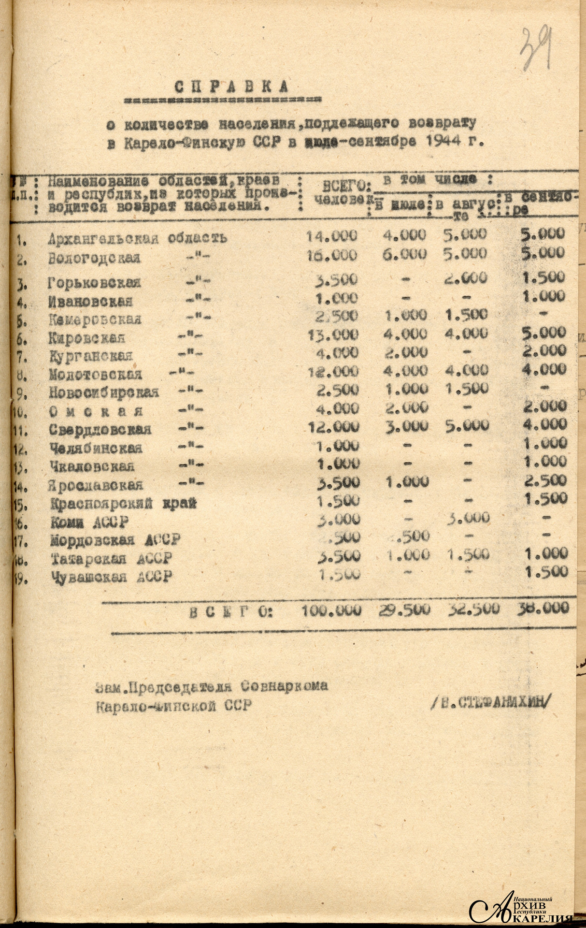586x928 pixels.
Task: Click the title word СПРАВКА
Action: (231, 87)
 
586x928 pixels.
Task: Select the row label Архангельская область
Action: (137, 238)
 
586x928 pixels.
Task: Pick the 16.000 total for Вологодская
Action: (332, 255)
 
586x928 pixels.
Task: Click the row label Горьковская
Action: (95, 282)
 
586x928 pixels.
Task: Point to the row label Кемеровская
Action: (95, 319)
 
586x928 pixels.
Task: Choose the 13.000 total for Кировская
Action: (333, 334)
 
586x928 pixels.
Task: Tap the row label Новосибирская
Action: (104, 392)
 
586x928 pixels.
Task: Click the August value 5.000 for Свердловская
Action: (466, 426)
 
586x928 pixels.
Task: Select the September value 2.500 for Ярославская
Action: (546, 480)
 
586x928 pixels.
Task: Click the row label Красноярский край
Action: (124, 504)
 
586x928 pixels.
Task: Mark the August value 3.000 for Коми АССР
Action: (467, 518)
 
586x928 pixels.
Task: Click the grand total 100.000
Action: (331, 610)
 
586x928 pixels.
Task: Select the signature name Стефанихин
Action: (490, 702)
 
